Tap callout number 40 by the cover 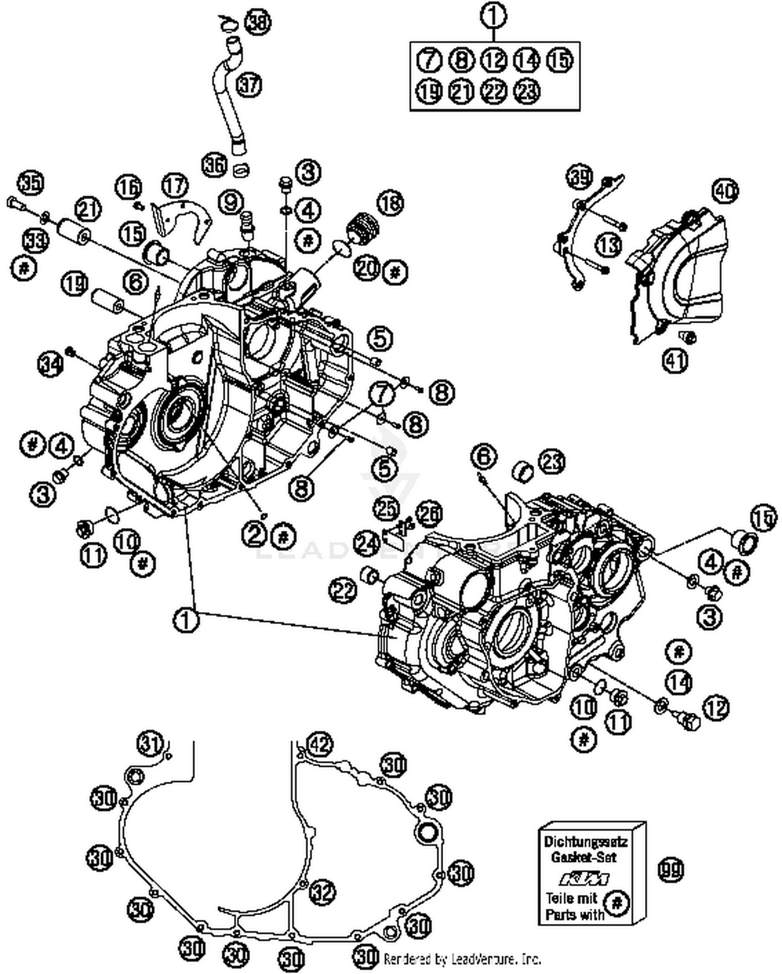click(x=724, y=191)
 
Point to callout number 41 click(x=675, y=360)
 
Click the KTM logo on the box click(x=584, y=879)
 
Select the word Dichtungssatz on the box click(x=585, y=842)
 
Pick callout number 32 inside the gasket click(x=322, y=892)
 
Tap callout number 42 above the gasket click(x=319, y=744)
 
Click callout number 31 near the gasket click(x=150, y=744)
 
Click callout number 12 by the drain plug click(x=716, y=708)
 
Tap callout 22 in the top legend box click(x=494, y=91)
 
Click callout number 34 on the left click(x=51, y=363)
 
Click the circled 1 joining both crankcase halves click(x=186, y=620)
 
